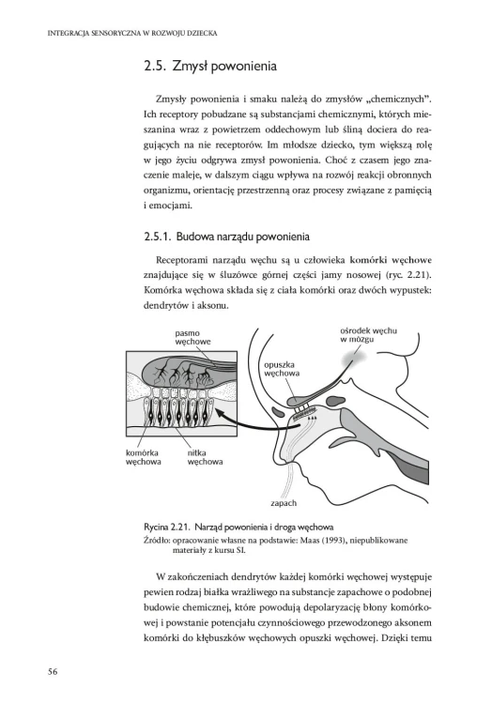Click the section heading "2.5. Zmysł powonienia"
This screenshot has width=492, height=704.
210,67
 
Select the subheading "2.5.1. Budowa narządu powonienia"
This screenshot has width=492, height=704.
226,237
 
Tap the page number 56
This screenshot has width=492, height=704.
53,672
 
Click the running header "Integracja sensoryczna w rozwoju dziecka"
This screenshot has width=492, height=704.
132,33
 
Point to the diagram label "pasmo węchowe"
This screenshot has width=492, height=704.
192,337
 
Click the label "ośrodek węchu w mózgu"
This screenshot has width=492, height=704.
368,335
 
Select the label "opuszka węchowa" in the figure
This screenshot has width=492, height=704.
282,369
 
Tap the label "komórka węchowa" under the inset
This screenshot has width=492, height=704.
144,457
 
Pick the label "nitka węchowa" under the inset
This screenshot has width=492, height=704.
205,457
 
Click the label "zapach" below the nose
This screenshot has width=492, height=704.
284,503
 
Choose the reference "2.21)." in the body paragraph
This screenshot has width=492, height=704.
418,275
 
